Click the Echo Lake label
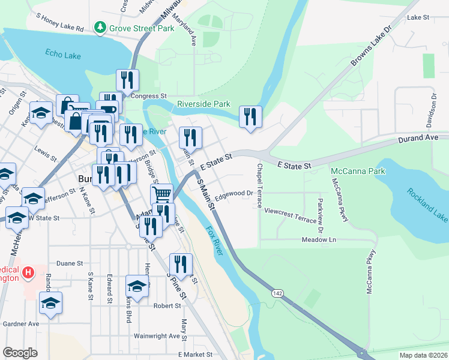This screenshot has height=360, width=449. pyautogui.click(x=62, y=54)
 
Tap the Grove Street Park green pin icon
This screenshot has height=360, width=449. pyautogui.click(x=100, y=28)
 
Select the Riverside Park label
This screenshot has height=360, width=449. pyautogui.click(x=203, y=104)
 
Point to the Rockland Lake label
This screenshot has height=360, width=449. pyautogui.click(x=427, y=203)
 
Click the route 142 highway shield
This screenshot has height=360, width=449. pyautogui.click(x=277, y=292)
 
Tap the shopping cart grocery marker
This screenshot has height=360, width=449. pyautogui.click(x=161, y=194)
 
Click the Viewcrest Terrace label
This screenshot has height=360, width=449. pyautogui.click(x=290, y=216)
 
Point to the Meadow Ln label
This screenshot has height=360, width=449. pyautogui.click(x=318, y=239)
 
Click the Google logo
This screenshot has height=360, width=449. pyautogui.click(x=20, y=353)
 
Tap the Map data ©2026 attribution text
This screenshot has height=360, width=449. pyautogui.click(x=423, y=355)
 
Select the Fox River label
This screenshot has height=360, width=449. pyautogui.click(x=214, y=240)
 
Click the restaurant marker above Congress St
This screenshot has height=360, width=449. pyautogui.click(x=127, y=79)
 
